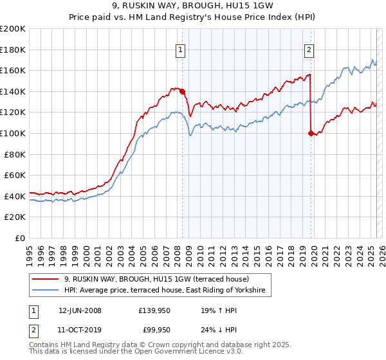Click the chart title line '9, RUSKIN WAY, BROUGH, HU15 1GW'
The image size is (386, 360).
[x=192, y=6]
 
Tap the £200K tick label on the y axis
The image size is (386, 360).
[x=13, y=29]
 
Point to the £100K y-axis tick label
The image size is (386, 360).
[x=13, y=133]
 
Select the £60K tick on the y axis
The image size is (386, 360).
[x=15, y=175]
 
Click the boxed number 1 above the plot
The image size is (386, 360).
[x=180, y=50]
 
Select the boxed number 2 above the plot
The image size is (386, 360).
[x=309, y=50]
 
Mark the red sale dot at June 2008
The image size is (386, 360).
[x=183, y=91]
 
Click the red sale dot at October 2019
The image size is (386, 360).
[x=311, y=133]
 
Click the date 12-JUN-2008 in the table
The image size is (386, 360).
[x=80, y=310]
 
